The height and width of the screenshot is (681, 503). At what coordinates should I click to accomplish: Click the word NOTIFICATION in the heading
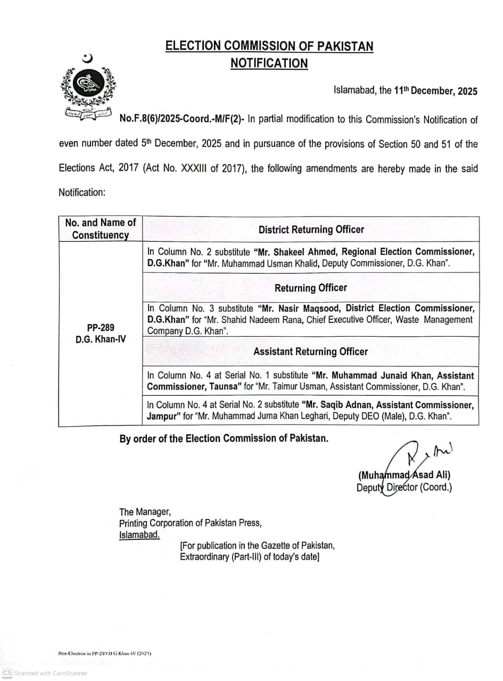pyautogui.click(x=269, y=63)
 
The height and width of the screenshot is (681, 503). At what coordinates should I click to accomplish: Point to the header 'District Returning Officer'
pyautogui.click(x=311, y=229)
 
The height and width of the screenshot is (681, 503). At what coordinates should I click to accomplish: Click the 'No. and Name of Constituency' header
pyautogui.click(x=101, y=229)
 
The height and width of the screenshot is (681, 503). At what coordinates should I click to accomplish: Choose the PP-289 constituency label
pyautogui.click(x=101, y=327)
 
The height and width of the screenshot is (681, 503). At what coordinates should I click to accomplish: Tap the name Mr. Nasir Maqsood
pyautogui.click(x=300, y=308)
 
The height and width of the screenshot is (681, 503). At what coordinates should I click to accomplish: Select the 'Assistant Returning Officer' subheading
pyautogui.click(x=310, y=352)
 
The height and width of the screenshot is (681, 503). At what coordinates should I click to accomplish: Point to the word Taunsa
pyautogui.click(x=226, y=387)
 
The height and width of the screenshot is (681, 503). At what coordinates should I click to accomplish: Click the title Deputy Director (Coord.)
pyautogui.click(x=404, y=487)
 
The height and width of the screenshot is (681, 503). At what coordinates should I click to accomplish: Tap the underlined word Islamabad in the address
pyautogui.click(x=139, y=535)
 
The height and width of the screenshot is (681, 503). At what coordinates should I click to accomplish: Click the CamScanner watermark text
pyautogui.click(x=51, y=674)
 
